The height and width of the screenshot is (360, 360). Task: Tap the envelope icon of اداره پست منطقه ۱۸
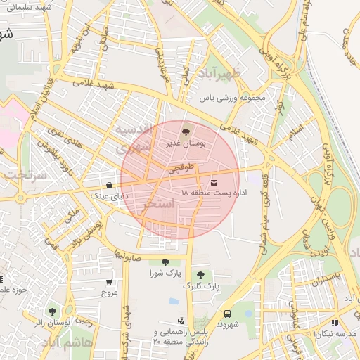point(214,183)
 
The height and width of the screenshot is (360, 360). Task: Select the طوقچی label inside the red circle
point(179,169)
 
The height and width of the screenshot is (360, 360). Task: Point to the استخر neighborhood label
point(157,206)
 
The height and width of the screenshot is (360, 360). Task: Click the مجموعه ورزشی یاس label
point(233,98)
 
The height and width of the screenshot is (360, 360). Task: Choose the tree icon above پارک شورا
point(165,262)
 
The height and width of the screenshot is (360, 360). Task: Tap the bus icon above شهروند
point(227,314)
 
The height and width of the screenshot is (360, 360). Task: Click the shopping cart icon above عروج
point(109,282)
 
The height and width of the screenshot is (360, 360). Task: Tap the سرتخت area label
point(22,174)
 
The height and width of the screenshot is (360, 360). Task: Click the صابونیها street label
point(129,254)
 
